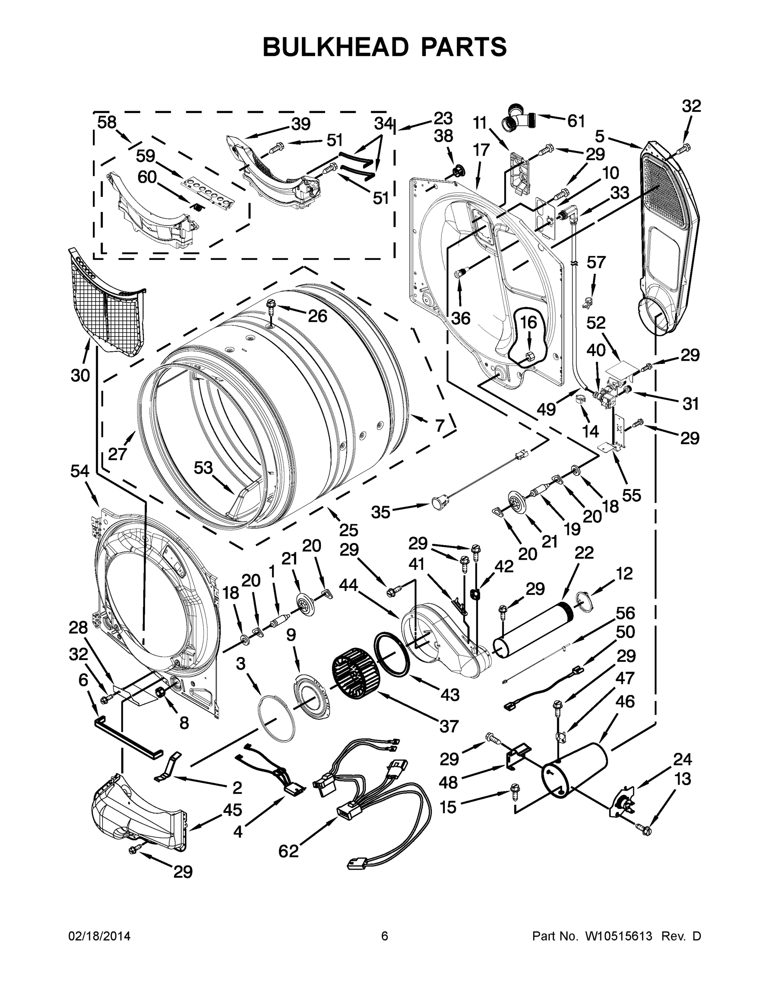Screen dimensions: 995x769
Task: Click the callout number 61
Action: point(576,121)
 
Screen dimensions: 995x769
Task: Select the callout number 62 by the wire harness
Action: point(289,851)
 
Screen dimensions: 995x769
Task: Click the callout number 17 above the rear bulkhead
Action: point(481,150)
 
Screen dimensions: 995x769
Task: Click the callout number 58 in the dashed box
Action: point(107,123)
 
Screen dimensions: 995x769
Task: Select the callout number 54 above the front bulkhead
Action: point(79,471)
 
